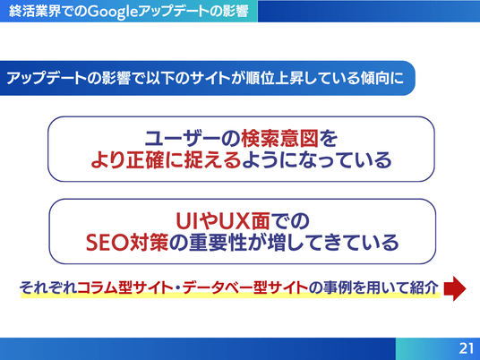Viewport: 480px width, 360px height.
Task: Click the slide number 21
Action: [467, 348]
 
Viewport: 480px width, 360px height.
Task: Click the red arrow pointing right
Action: [455, 288]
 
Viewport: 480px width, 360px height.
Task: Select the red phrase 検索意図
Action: [280, 139]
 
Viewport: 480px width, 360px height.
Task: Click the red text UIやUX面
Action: [223, 221]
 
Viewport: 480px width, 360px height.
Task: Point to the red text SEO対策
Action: [127, 243]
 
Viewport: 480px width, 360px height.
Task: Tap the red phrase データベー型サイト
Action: [245, 288]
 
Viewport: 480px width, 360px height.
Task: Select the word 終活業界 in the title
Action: [35, 12]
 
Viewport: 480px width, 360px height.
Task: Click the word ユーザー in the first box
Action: [183, 139]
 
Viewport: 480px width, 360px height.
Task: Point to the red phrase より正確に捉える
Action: [167, 160]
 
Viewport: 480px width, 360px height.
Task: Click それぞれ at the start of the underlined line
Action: [48, 288]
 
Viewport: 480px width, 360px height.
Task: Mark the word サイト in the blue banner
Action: [210, 78]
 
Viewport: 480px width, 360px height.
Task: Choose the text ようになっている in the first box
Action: [317, 160]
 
